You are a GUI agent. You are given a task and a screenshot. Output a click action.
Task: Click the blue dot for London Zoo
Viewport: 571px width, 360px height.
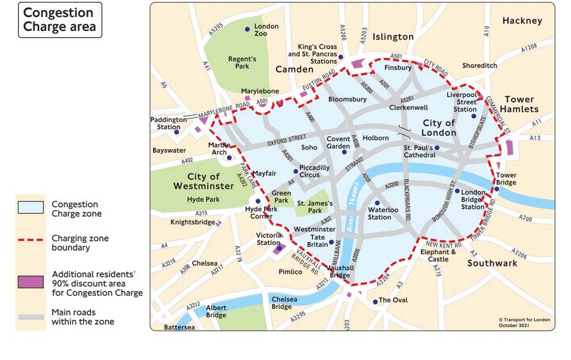[x=247, y=30]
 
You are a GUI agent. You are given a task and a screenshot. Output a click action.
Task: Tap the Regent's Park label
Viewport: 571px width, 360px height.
[x=242, y=62]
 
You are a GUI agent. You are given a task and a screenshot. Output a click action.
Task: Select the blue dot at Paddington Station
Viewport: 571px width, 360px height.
[x=176, y=132]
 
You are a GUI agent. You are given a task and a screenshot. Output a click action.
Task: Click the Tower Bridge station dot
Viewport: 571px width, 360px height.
[x=496, y=189]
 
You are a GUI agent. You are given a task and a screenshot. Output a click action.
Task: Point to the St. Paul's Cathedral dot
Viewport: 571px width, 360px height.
[x=437, y=148]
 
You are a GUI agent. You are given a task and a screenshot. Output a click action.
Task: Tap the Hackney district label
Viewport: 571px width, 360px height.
[x=522, y=20]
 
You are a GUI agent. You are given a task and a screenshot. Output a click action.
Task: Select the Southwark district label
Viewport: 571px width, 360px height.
[x=492, y=263]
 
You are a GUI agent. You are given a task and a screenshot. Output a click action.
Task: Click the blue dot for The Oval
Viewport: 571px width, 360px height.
[x=375, y=301]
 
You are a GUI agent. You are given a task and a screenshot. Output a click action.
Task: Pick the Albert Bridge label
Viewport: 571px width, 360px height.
[x=216, y=311]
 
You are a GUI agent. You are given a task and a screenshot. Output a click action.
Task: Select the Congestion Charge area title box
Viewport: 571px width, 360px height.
[x=59, y=20]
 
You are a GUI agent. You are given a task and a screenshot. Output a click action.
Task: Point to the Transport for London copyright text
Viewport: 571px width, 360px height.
[x=524, y=322]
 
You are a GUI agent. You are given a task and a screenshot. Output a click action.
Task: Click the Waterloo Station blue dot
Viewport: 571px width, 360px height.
[x=377, y=203]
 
